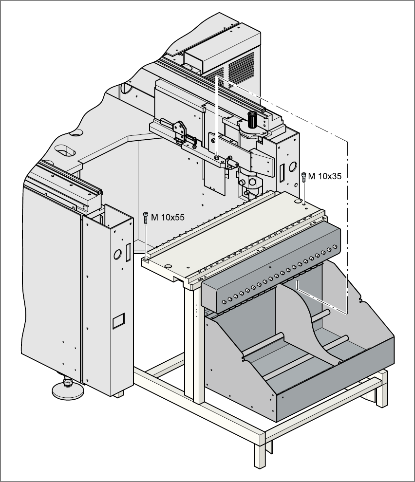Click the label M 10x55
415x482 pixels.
coord(168,218)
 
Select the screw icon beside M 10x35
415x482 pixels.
coord(304,176)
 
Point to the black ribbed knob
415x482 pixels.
coord(252,118)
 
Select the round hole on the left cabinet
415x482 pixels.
coord(117,254)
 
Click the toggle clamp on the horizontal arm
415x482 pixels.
coord(179,130)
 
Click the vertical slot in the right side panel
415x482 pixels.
coord(282,171)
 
